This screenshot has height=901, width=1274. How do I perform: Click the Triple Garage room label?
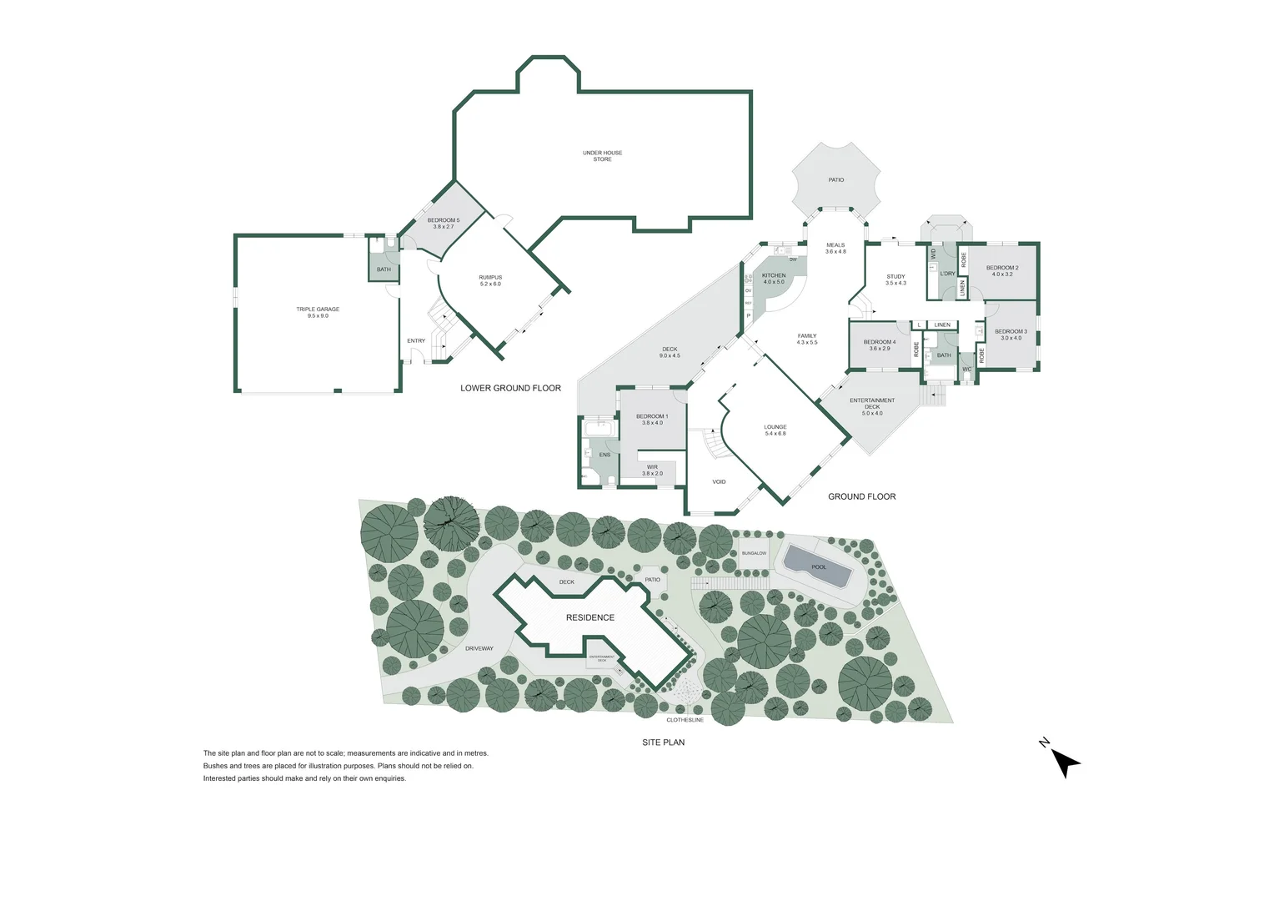pos(318,312)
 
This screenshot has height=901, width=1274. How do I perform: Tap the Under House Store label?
pos(602,156)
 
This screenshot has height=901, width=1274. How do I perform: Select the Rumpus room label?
pos(490,280)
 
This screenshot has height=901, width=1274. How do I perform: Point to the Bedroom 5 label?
pos(444,223)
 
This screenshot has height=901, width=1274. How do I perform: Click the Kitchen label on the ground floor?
pos(774,279)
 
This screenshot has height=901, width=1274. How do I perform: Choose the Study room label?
pos(895,279)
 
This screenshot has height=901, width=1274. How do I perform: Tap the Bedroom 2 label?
pos(1002,271)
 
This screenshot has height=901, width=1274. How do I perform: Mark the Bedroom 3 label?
pos(1011,335)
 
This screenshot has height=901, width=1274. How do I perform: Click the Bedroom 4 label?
pos(880,345)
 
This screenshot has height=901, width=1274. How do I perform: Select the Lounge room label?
pos(775,430)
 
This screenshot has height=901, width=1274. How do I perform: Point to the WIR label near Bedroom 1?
pos(652,470)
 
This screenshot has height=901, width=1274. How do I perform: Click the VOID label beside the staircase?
pos(719,481)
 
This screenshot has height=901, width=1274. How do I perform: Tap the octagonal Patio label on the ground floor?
pos(836,179)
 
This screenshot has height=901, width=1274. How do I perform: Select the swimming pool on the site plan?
pos(818,567)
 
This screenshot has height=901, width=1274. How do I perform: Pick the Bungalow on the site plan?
pos(754,553)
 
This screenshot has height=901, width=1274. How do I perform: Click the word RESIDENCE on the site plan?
pos(590,617)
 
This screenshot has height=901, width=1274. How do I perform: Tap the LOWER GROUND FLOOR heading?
pos(510,388)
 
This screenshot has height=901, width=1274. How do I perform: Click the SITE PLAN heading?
pos(663,742)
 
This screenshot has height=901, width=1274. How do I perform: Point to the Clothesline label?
pos(685,720)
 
